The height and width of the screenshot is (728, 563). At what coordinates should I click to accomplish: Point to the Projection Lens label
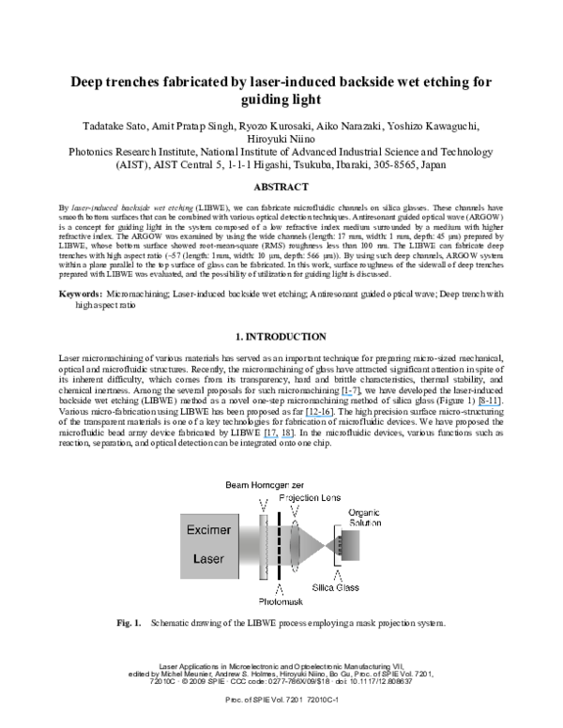[x=310, y=497]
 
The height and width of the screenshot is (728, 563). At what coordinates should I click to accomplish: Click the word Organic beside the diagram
[x=363, y=512]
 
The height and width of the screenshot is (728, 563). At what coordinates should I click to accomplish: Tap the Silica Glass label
[x=335, y=587]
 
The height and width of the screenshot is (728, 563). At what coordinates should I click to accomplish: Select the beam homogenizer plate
[x=264, y=544]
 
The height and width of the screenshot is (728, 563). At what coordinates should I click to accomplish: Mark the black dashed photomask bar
[x=280, y=544]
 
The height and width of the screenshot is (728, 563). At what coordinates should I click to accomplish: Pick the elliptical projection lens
[x=295, y=544]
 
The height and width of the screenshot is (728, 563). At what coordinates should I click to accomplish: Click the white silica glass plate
[x=337, y=545]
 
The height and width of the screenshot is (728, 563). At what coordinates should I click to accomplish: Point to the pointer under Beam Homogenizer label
[x=263, y=506]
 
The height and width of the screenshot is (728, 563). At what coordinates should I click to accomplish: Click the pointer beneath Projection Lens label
[x=295, y=510]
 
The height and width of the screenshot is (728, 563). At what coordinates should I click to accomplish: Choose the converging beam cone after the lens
[x=312, y=544]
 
